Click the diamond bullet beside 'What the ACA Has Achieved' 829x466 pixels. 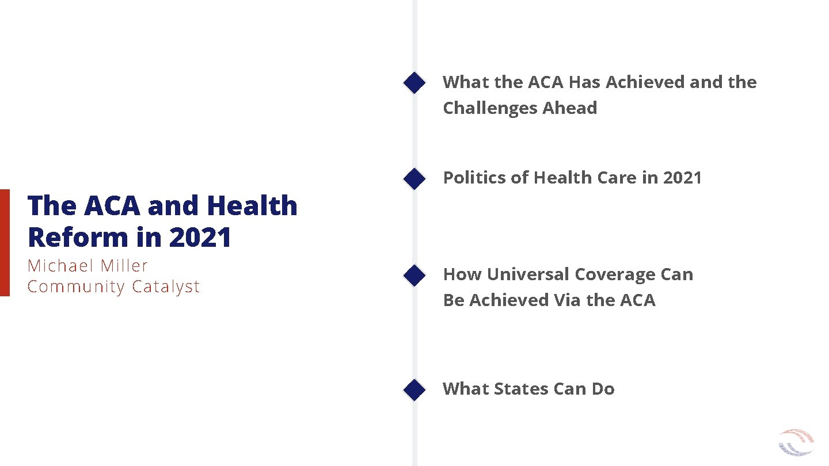tap(414, 83)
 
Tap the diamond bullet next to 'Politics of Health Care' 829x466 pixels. tap(414, 179)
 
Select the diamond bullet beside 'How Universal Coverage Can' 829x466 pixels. tap(414, 276)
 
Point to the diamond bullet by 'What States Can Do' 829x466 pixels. tap(414, 389)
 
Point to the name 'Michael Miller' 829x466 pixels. tap(88, 266)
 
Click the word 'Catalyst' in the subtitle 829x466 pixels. tap(166, 287)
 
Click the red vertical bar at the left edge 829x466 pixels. tap(5, 242)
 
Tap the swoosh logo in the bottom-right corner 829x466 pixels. tap(796, 443)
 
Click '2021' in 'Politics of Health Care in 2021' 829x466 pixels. tap(682, 178)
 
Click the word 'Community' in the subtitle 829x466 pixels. tap(77, 287)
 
